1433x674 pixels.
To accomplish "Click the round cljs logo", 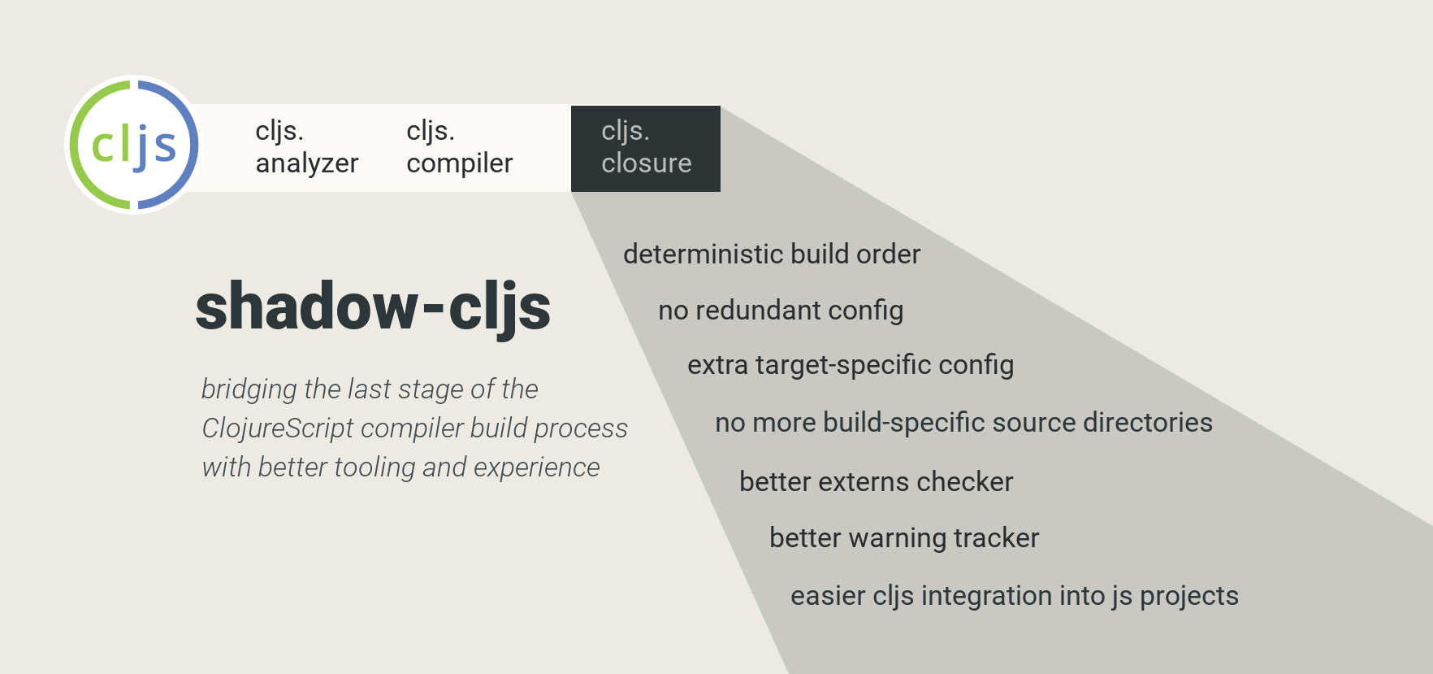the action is point(134,145).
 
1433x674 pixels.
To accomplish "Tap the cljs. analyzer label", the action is point(306,147).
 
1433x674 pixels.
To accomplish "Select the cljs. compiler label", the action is point(459,147).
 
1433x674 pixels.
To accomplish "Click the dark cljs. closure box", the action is point(646,149).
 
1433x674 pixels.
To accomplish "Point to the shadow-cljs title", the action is point(373,307).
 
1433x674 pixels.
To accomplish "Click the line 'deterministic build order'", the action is point(772,254).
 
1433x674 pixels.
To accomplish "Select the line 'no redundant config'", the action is point(781,311).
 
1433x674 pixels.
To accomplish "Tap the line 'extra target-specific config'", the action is point(851,366).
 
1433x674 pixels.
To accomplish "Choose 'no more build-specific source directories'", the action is point(963,423).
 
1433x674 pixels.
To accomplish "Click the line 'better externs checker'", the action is point(876,481).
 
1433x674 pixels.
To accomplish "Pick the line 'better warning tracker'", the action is point(904,538).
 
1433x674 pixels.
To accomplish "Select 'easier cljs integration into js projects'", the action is point(1015,596).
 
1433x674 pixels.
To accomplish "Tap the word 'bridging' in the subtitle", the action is point(249,389).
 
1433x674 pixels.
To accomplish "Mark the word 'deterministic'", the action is point(704,254).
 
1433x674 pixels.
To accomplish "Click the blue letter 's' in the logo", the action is point(165,147).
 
